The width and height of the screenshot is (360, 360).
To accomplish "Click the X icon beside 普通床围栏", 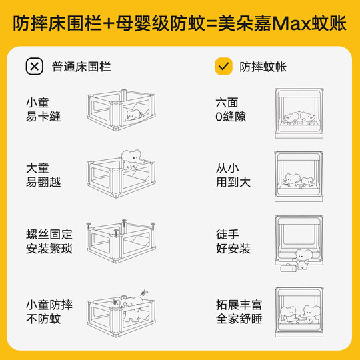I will pos(34,67).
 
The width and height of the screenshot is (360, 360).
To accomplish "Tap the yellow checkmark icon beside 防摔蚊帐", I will pos(223,67).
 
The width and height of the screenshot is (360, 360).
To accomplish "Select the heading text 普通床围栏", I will pos(81,67).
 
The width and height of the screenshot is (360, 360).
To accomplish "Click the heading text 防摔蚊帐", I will pos(263,67).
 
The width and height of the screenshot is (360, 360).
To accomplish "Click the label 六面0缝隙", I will pos(231,111).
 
